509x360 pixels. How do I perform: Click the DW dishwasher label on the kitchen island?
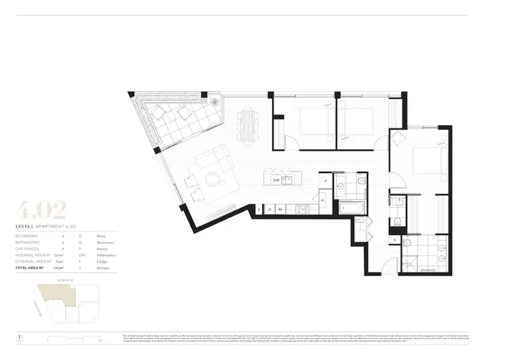click(276, 180)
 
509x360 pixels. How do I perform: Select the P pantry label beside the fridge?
click(323, 202)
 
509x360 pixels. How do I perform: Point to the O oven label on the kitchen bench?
click(269, 209)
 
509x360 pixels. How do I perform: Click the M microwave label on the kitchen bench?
click(280, 209)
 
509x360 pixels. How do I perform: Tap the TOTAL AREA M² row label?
click(33, 269)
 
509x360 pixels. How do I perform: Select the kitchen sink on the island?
click(288, 180)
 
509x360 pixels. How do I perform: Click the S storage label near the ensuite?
click(395, 240)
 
